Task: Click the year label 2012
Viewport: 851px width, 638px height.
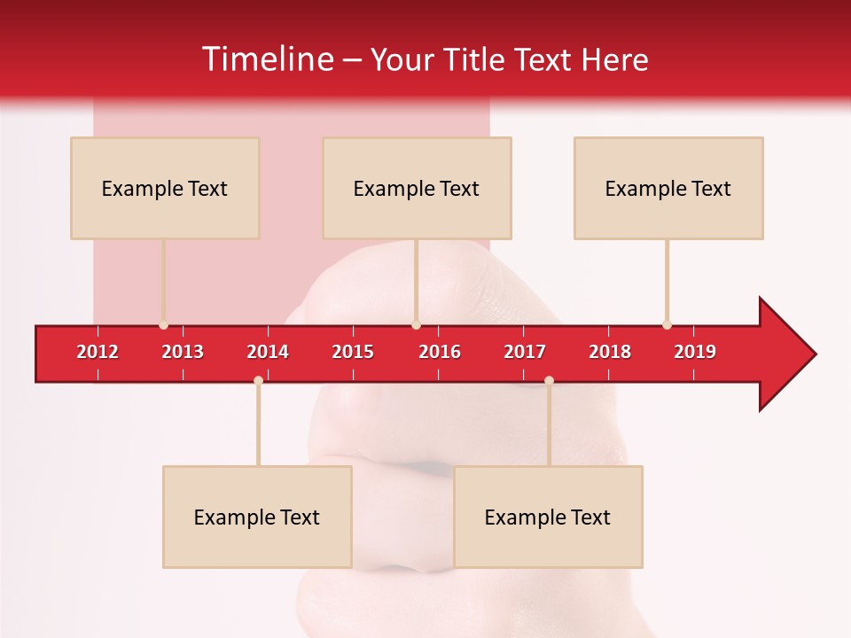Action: pyautogui.click(x=98, y=352)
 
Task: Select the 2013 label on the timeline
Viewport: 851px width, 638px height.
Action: pyautogui.click(x=183, y=352)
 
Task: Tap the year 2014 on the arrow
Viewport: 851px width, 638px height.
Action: pyautogui.click(x=268, y=352)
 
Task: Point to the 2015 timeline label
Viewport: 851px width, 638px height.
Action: pyautogui.click(x=353, y=352)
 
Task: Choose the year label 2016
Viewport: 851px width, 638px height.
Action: pyautogui.click(x=440, y=352)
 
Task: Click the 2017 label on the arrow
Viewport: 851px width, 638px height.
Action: pyautogui.click(x=525, y=352)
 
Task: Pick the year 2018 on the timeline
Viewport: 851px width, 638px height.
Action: pyautogui.click(x=610, y=352)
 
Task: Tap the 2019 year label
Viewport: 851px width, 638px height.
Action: pyautogui.click(x=695, y=352)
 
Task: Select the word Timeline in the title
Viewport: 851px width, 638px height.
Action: pyautogui.click(x=267, y=59)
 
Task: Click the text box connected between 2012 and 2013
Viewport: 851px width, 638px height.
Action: pyautogui.click(x=165, y=188)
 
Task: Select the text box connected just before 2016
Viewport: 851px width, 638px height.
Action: pyautogui.click(x=417, y=188)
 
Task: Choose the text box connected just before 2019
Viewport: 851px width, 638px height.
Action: pyautogui.click(x=668, y=188)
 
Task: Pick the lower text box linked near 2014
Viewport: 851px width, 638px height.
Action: pyautogui.click(x=257, y=517)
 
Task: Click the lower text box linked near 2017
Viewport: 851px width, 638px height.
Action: pyautogui.click(x=548, y=517)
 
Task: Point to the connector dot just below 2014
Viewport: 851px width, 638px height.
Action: pyautogui.click(x=258, y=381)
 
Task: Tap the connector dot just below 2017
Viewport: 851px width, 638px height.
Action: pyautogui.click(x=549, y=381)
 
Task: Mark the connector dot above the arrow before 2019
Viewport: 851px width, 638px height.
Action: pyautogui.click(x=667, y=324)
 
